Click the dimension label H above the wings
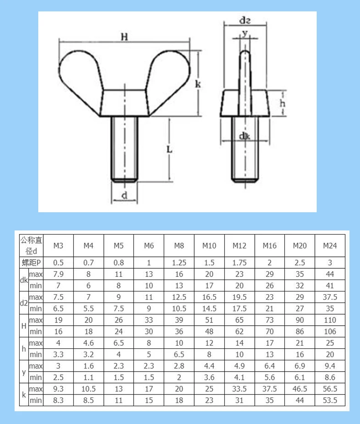coord(123,37)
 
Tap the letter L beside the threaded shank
coord(169,149)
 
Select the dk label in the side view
coord(245,136)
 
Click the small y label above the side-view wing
coord(245,33)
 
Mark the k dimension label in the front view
coord(198,84)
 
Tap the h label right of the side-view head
coord(283,103)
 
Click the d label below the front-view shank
coord(123,196)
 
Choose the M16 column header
coord(269,246)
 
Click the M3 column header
coord(58,246)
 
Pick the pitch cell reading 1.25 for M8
coord(179,262)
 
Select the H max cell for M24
coord(330,320)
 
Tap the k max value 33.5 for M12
coord(239,389)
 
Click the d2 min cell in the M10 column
coord(209,308)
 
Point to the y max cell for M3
coord(58,366)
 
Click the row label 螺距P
coord(31,262)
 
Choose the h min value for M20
coord(299,354)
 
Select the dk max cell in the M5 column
coord(118,274)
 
